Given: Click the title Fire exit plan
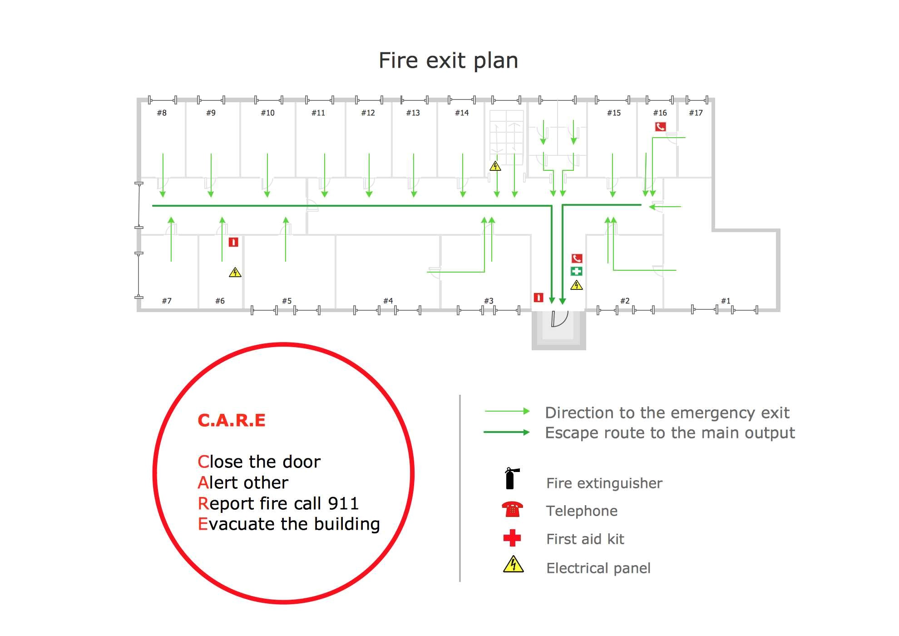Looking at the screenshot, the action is [x=448, y=61].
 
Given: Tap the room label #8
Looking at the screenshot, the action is [x=162, y=113].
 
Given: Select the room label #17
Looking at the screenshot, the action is [x=696, y=113].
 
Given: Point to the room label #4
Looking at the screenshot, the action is [x=388, y=301].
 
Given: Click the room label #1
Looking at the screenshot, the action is [x=726, y=301].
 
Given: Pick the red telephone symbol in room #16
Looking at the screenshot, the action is [x=660, y=127].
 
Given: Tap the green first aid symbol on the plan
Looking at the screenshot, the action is [x=576, y=271].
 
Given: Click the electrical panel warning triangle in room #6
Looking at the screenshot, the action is [x=235, y=272].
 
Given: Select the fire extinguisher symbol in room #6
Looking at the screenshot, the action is [x=233, y=242].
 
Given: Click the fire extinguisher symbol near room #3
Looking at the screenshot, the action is [x=538, y=298].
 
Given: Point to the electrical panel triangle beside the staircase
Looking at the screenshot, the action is [x=495, y=166].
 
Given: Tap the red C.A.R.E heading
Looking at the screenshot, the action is [x=232, y=420].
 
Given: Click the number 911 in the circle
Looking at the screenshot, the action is [x=343, y=503].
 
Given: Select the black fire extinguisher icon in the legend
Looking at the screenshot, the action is [x=512, y=478].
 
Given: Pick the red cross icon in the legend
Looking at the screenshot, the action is [x=512, y=538].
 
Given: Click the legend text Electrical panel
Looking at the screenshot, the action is [x=598, y=568].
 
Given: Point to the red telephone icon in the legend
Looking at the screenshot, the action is [x=512, y=510].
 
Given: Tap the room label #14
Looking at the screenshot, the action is [x=462, y=113].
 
